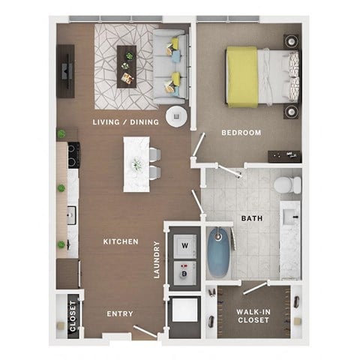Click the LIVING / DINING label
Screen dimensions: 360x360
(x=125, y=122)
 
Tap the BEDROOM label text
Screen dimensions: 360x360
(x=241, y=133)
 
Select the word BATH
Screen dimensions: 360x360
(x=251, y=219)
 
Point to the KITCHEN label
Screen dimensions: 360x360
(x=121, y=241)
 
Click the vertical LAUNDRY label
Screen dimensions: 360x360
(x=157, y=259)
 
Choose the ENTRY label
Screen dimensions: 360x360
(x=120, y=313)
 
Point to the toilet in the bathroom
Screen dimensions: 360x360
(x=285, y=184)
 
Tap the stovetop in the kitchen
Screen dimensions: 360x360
(x=73, y=155)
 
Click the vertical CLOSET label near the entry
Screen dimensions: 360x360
(x=73, y=316)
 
